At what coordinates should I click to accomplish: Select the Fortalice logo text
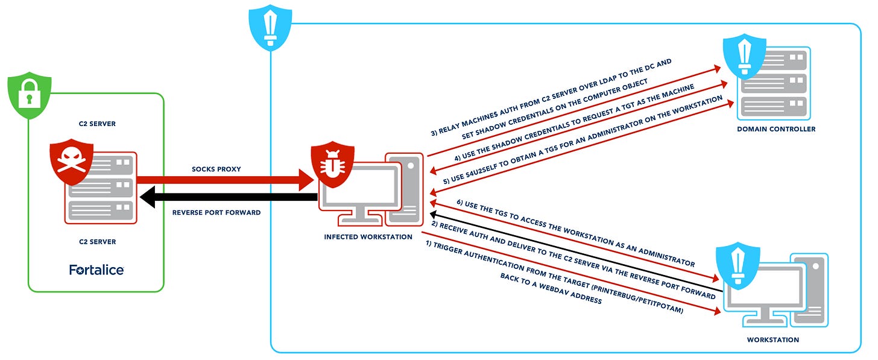[x=96, y=270]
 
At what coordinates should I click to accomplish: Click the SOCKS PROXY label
[x=216, y=169]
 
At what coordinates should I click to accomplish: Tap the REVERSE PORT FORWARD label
[x=216, y=212]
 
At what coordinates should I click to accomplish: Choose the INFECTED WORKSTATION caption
[x=368, y=237]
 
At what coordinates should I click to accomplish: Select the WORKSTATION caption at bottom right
[x=773, y=339]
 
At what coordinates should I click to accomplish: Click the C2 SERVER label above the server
[x=96, y=124]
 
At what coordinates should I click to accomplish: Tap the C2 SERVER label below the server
[x=96, y=242]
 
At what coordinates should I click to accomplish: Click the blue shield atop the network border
[x=271, y=24]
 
